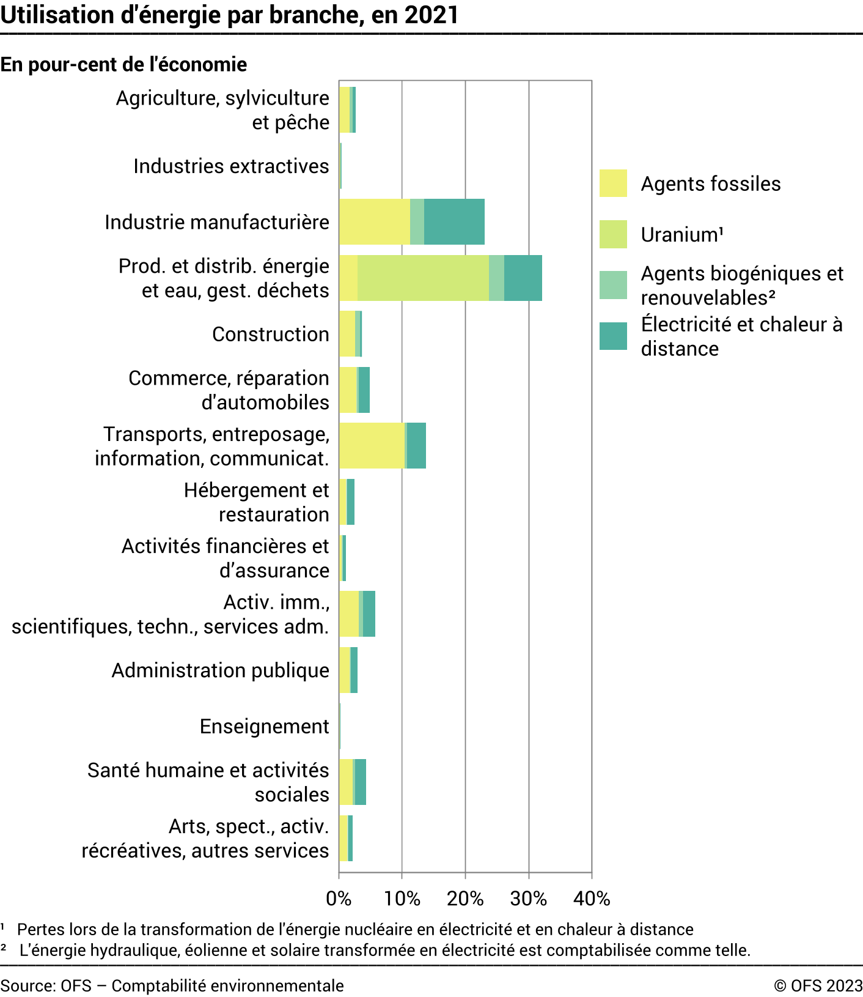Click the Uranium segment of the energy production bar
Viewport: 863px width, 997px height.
(x=423, y=278)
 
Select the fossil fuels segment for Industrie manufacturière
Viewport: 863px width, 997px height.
(x=374, y=221)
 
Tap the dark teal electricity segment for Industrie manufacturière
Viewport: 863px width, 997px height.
(x=454, y=221)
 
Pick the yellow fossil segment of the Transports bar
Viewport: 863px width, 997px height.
(x=372, y=445)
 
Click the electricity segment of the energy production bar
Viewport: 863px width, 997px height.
(x=523, y=278)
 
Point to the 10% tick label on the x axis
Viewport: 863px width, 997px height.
(x=402, y=899)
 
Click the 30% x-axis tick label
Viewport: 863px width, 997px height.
(x=528, y=899)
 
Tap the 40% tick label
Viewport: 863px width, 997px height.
(x=592, y=899)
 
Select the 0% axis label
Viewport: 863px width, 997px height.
(x=339, y=899)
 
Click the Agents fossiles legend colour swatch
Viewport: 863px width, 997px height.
(x=613, y=183)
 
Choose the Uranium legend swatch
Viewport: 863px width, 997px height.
(x=613, y=234)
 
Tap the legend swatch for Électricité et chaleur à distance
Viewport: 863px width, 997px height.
(x=613, y=336)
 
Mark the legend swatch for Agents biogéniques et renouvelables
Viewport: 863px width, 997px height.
(x=613, y=285)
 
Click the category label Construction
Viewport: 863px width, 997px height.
(x=270, y=334)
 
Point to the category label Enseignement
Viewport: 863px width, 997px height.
(x=264, y=726)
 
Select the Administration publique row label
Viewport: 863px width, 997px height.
(x=220, y=670)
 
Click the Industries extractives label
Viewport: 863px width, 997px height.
(x=231, y=166)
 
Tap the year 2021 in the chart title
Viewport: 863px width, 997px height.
(x=431, y=15)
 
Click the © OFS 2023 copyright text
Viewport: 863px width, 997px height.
(x=818, y=985)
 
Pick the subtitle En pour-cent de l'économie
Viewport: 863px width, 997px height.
(x=123, y=64)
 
